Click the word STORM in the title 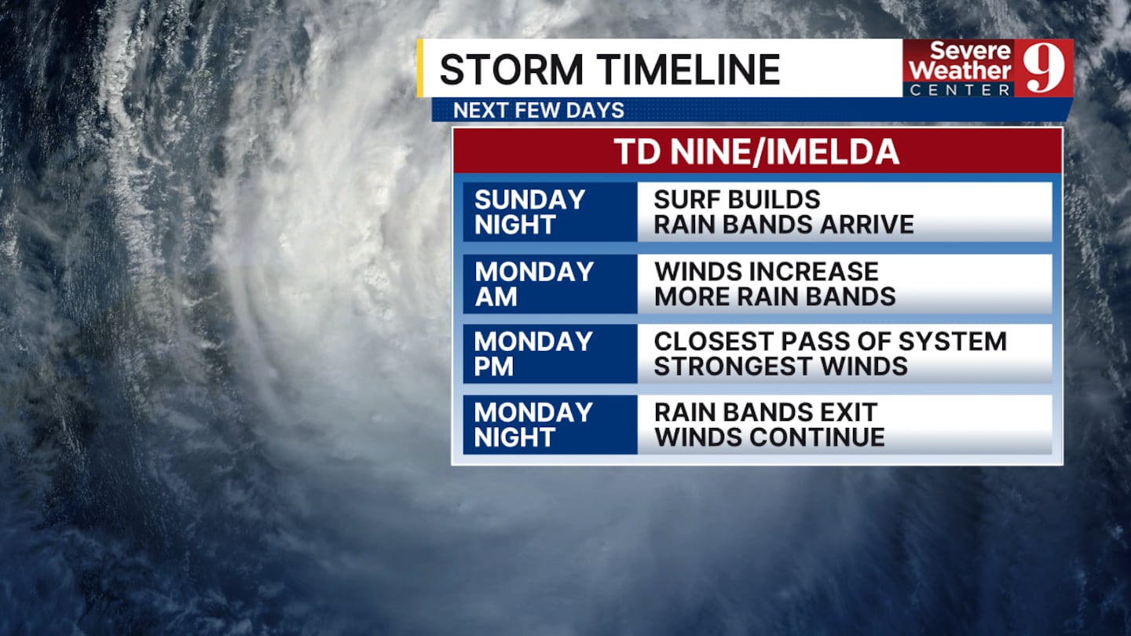tap(511, 69)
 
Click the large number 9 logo tap(1044, 68)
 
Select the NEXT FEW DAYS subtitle tap(539, 111)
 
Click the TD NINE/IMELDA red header tap(756, 152)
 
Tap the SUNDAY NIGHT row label tap(529, 212)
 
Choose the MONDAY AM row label tap(534, 284)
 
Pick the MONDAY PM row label tap(533, 354)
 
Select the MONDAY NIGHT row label tap(533, 425)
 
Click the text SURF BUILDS tap(737, 200)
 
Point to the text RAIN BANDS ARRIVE tap(784, 225)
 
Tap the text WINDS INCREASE tap(767, 272)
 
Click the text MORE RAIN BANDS tap(775, 296)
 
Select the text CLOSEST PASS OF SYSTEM tap(830, 342)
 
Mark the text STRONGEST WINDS tap(781, 366)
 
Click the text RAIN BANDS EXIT tap(766, 412)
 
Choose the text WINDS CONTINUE tap(770, 437)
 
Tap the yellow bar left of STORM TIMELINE tap(420, 68)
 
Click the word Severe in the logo tap(971, 50)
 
